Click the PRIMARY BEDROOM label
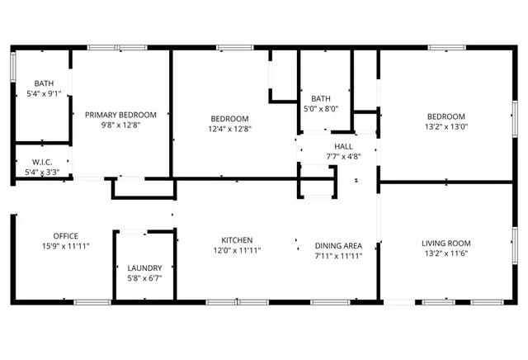(121, 116)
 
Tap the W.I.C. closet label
(43, 162)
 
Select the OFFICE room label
(66, 235)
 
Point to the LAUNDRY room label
(144, 268)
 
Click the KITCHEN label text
(237, 240)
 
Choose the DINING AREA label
(338, 245)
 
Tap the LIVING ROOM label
(445, 243)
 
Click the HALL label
(343, 146)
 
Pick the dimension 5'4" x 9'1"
(44, 94)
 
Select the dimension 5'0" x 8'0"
(321, 108)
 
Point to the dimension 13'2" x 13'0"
(445, 126)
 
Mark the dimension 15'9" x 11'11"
(66, 246)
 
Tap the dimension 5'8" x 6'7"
(144, 278)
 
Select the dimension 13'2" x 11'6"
(445, 253)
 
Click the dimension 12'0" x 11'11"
(237, 250)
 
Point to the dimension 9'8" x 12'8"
(121, 126)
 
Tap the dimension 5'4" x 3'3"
(43, 172)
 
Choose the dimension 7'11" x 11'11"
(338, 255)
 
